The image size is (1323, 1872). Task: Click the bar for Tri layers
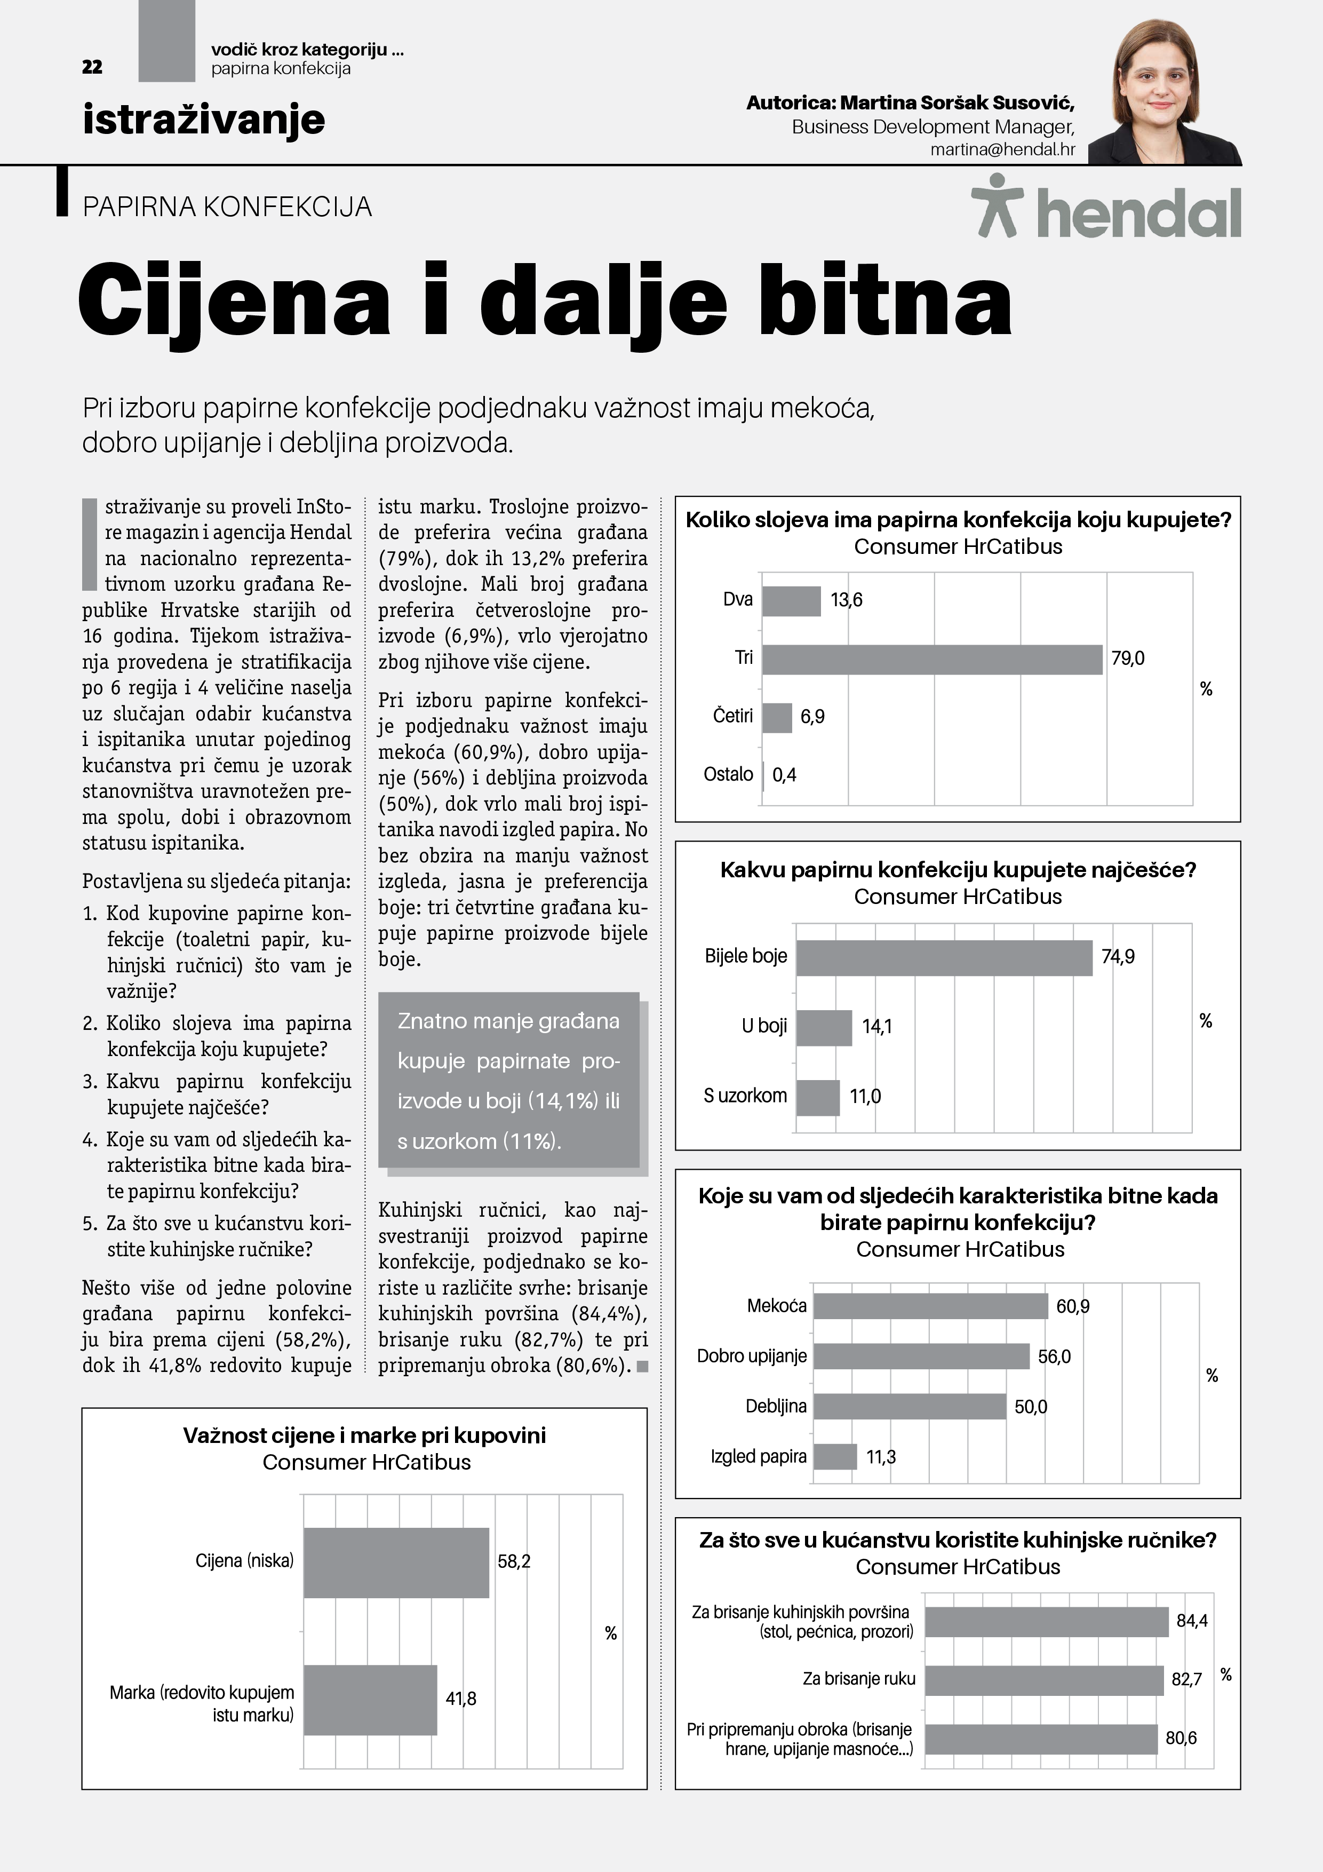tap(932, 659)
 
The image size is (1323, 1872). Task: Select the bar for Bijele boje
tap(944, 957)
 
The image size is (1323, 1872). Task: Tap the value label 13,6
tap(846, 600)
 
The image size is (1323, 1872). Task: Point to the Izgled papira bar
tap(835, 1456)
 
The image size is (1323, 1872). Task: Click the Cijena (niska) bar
tap(396, 1562)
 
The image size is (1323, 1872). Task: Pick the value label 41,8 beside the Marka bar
tap(460, 1699)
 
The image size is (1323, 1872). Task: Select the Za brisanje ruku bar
tap(1043, 1679)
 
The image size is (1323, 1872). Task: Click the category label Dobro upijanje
tap(752, 1356)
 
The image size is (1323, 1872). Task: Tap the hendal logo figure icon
tap(997, 205)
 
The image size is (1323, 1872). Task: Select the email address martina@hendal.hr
tap(1002, 150)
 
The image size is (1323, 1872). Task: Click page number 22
tap(92, 67)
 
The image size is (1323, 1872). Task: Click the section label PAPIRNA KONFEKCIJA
tap(227, 207)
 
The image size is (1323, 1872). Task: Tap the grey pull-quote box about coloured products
tap(508, 1080)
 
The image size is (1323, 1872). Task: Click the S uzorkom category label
tap(745, 1096)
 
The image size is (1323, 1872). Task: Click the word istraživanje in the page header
tap(204, 119)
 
